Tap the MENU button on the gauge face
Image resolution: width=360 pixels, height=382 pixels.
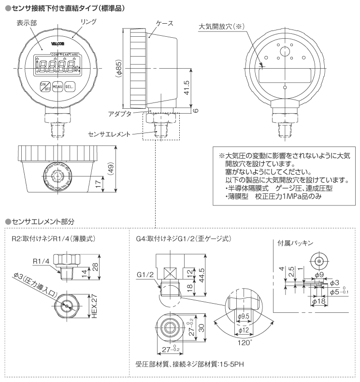(58, 87)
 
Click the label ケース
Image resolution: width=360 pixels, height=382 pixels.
(165, 23)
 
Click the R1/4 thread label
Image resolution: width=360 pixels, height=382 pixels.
(42, 262)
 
